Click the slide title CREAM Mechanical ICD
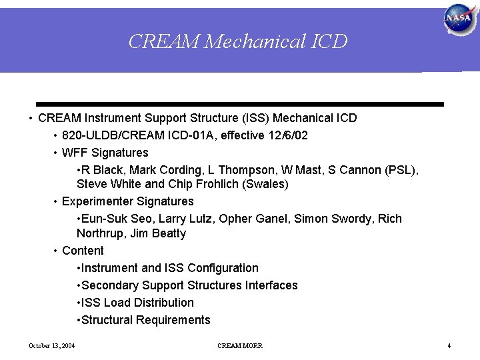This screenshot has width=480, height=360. pos(238,41)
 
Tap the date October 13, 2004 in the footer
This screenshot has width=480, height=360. pos(51,345)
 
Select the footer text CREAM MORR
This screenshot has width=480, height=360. pos(240,345)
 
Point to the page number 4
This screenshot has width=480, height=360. pos(449,345)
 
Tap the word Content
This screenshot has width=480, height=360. pos(83,251)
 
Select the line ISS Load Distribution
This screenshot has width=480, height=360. pos(137,303)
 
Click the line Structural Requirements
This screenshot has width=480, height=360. pos(146,320)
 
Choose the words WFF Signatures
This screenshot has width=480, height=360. pos(105,153)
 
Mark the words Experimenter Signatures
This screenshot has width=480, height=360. pos(128,201)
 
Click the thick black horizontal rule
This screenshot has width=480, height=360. pos(240,105)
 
